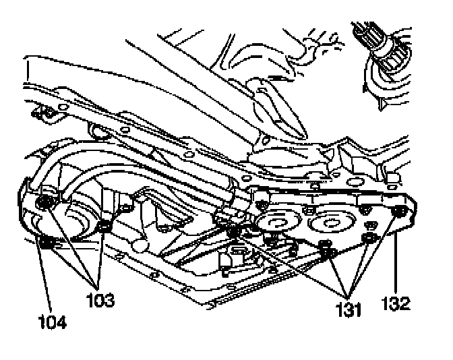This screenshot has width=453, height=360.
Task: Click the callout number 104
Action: pos(53,322)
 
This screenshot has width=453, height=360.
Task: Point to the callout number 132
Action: pos(396,304)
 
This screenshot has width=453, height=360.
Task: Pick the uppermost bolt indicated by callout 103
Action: pos(45,203)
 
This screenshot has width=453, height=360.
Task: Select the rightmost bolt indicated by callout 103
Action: pos(103,226)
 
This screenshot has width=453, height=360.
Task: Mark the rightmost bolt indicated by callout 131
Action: pos(367,239)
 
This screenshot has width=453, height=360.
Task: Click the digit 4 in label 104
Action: pos(62,322)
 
